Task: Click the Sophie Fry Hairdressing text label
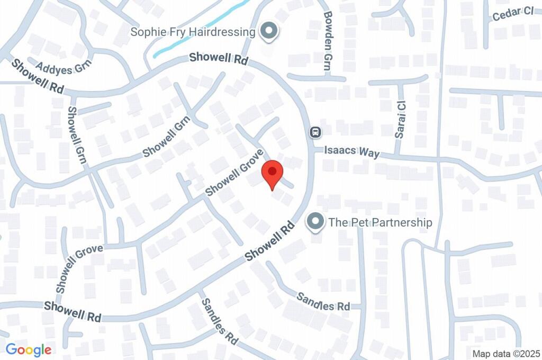tap(193, 32)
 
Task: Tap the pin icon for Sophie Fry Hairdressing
tap(270, 32)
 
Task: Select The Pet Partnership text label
tap(380, 222)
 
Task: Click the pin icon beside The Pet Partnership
tap(315, 222)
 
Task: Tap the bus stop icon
tap(315, 131)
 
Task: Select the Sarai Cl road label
tap(401, 120)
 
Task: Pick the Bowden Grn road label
tap(328, 42)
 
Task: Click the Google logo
tap(29, 349)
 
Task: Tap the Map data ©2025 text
tap(506, 354)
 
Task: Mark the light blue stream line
tap(201, 30)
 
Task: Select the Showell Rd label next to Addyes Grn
tap(38, 77)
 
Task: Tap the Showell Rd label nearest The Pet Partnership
tap(269, 241)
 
